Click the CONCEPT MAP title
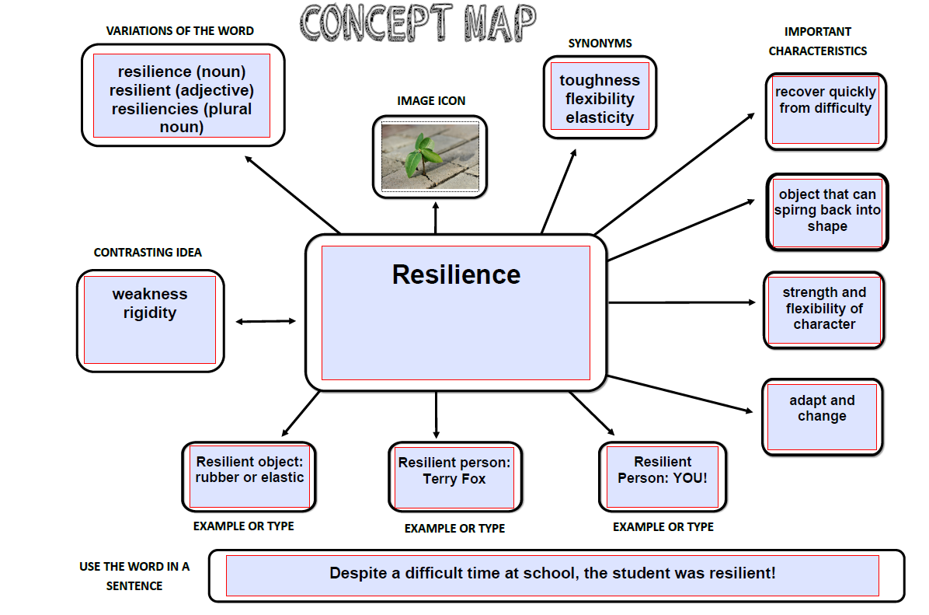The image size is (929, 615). click(x=418, y=23)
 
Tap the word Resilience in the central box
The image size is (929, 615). click(x=456, y=274)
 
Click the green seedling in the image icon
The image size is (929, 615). click(x=423, y=155)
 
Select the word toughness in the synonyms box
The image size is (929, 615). click(x=600, y=80)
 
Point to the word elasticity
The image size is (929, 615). click(x=600, y=117)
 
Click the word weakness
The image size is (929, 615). click(x=150, y=294)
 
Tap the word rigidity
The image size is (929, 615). click(x=150, y=313)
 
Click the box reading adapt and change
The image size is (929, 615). click(x=823, y=417)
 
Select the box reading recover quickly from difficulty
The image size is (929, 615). click(x=826, y=111)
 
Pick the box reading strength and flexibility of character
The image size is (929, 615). click(x=824, y=309)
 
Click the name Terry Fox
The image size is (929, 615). click(x=454, y=479)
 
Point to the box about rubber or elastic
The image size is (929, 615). click(x=249, y=477)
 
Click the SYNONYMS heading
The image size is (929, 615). click(x=600, y=44)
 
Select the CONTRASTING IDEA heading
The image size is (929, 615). click(x=148, y=253)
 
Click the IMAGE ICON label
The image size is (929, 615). click(x=431, y=101)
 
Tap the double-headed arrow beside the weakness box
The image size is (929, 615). click(x=266, y=321)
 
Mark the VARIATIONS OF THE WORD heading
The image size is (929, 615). click(x=180, y=31)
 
